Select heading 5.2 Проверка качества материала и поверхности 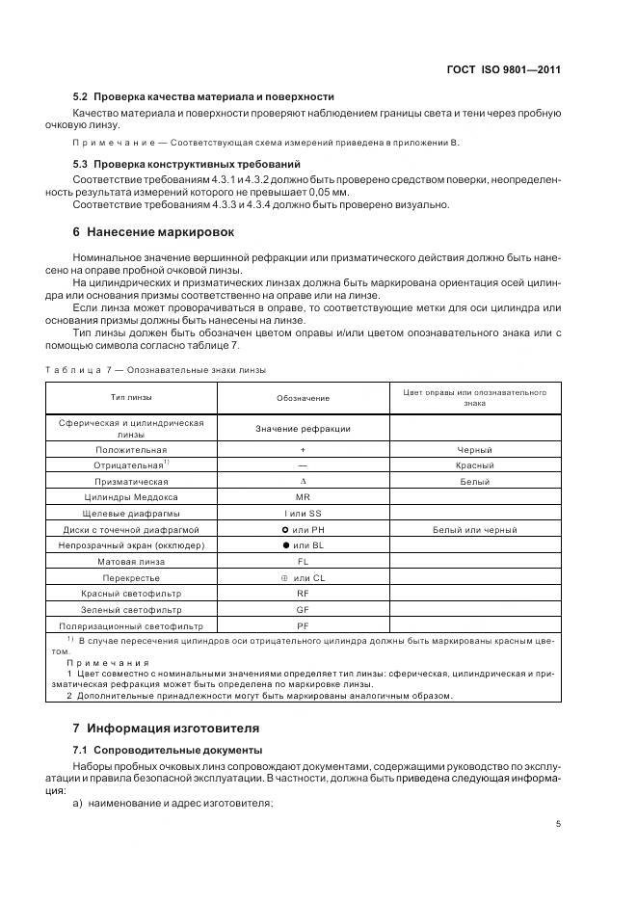[x=203, y=96]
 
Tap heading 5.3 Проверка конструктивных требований [x=186, y=165]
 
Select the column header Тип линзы [x=131, y=397]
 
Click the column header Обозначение [x=303, y=398]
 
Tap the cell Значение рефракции [x=303, y=429]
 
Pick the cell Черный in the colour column [x=474, y=450]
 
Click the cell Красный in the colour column [x=474, y=465]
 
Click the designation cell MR [x=303, y=497]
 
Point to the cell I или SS [x=303, y=514]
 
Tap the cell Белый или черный [x=474, y=530]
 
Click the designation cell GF [x=303, y=610]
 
